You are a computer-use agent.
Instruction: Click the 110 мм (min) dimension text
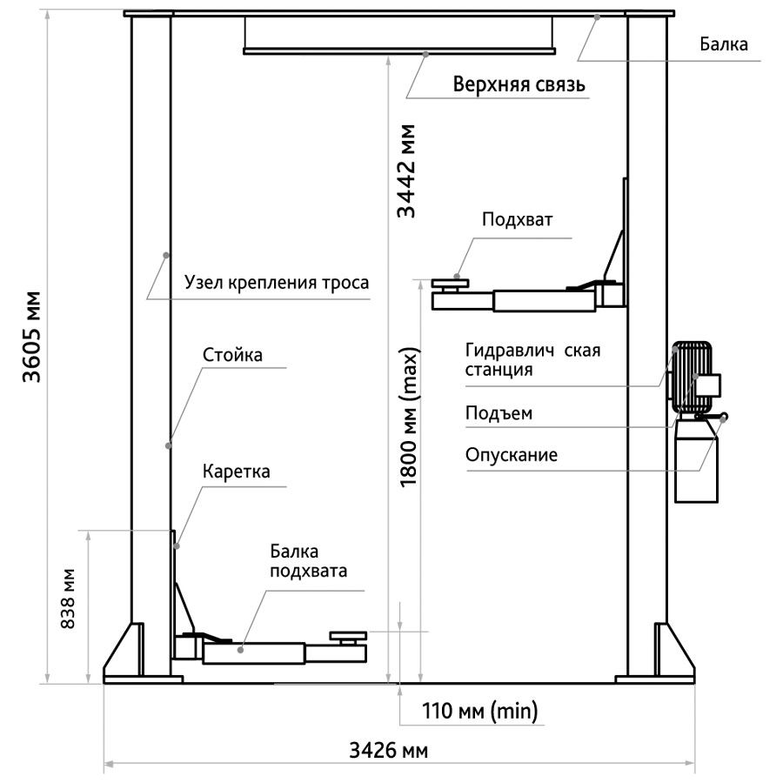[479, 711]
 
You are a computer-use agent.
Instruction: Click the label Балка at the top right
[723, 44]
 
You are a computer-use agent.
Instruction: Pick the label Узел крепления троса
[277, 283]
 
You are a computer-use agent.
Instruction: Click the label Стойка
[232, 355]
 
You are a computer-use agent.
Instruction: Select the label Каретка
[237, 472]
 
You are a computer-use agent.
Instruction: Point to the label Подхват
[519, 220]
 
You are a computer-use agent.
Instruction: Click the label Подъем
[499, 413]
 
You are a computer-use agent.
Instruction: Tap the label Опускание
[512, 456]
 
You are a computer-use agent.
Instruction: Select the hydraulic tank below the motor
[698, 458]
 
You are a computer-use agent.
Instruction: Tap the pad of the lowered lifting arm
[349, 639]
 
